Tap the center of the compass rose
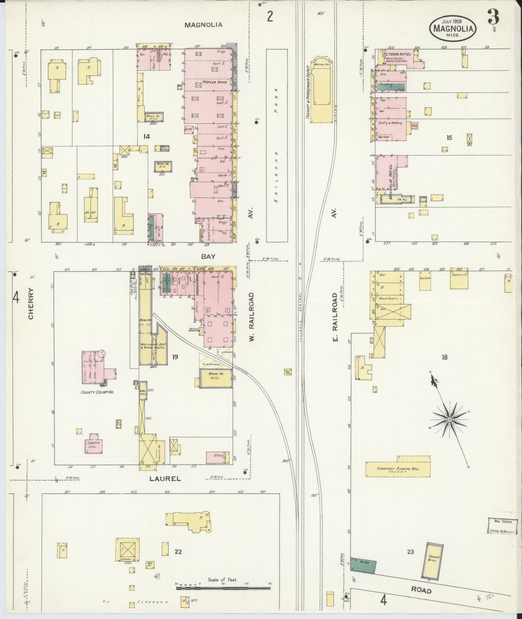point(449,419)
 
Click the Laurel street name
point(165,479)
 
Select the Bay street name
point(208,256)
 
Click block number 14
point(146,136)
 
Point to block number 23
point(410,551)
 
